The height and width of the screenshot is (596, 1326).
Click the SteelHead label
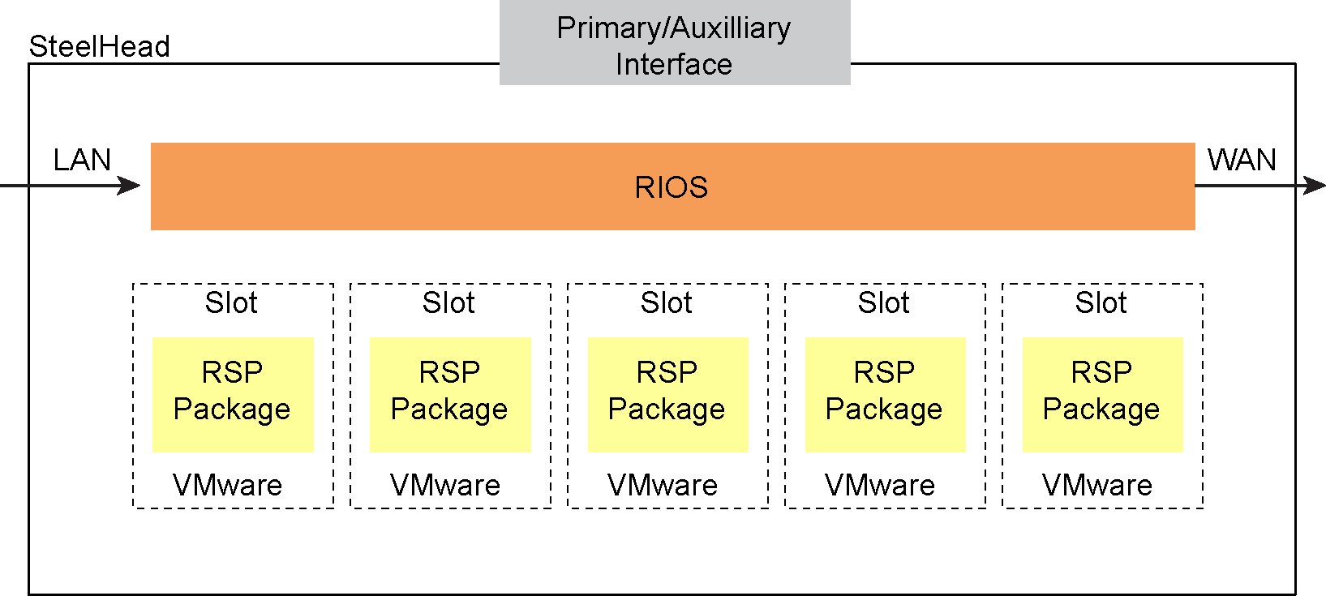point(99,47)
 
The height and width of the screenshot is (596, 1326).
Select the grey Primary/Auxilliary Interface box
point(675,42)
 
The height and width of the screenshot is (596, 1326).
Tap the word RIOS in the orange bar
point(671,187)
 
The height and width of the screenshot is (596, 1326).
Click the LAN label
point(82,160)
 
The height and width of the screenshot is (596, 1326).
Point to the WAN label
point(1241,160)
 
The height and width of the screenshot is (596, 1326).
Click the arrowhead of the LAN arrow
point(131,186)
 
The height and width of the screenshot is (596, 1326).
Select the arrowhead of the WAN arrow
point(1315,186)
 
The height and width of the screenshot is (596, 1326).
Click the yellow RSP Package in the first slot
point(233,394)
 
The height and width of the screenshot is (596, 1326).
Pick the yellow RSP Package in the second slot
point(450,394)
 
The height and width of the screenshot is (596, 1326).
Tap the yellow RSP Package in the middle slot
point(667,394)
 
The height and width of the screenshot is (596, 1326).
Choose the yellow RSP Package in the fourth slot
point(885,394)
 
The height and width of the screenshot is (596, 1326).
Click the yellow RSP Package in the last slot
point(1102,394)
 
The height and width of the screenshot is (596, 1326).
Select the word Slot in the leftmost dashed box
point(231,302)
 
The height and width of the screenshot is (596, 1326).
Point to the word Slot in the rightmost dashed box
point(1101,302)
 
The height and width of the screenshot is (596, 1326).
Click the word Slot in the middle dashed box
point(666,302)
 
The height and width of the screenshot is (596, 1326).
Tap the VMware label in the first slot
point(228,485)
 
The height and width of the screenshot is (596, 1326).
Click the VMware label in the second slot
point(445,485)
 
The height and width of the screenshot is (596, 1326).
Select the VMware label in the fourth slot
point(880,485)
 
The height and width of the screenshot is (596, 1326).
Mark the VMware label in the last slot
point(1097,485)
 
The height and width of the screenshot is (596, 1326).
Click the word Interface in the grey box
point(674,64)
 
